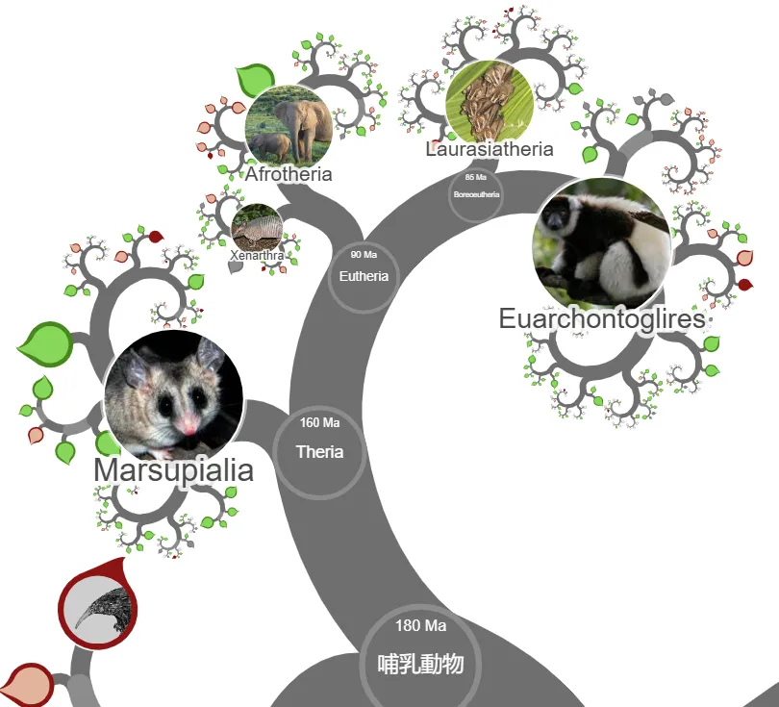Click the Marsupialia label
click(174, 470)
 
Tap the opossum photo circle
click(173, 395)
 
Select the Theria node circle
click(319, 449)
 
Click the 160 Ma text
click(319, 423)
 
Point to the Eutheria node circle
click(364, 276)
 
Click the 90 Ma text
click(364, 255)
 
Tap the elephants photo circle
click(289, 126)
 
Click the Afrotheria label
click(289, 174)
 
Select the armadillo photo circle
click(257, 229)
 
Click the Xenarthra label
click(257, 256)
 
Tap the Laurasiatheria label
click(490, 149)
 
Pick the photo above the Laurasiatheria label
click(490, 101)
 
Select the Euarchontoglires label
click(602, 319)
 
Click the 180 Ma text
click(421, 626)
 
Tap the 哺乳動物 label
click(421, 664)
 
